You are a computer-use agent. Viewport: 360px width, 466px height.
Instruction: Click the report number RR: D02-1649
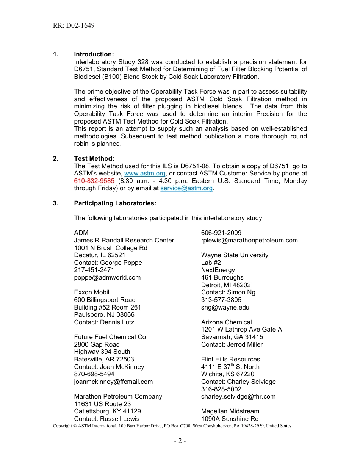coord(74,26)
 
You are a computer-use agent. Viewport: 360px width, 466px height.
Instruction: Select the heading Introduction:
coord(94,55)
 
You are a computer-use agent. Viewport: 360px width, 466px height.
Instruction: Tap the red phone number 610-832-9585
coord(94,181)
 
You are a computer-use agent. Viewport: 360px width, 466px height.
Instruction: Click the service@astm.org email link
coord(186,188)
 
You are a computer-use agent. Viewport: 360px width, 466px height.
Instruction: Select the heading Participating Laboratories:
coord(115,203)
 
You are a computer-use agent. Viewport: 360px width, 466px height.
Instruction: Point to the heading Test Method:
coord(94,159)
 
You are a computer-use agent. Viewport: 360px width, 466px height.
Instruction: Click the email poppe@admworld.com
coord(107,278)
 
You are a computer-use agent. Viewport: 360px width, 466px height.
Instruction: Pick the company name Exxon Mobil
coord(92,292)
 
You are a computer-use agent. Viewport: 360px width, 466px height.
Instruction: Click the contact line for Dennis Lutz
coord(104,322)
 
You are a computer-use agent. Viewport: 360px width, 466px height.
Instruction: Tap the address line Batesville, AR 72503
coord(104,359)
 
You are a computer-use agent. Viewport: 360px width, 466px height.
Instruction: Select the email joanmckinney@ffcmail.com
coord(113,382)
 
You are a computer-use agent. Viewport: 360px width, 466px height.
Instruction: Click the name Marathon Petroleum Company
coord(118,397)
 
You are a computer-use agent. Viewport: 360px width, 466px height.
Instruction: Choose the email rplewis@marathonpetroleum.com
coord(249,241)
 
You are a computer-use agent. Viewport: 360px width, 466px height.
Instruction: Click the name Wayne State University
coord(235,255)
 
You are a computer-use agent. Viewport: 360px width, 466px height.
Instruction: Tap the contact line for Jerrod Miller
coord(232,345)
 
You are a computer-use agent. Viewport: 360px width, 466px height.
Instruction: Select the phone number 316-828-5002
coord(221,389)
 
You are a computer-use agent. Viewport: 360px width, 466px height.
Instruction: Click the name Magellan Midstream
coord(230,411)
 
